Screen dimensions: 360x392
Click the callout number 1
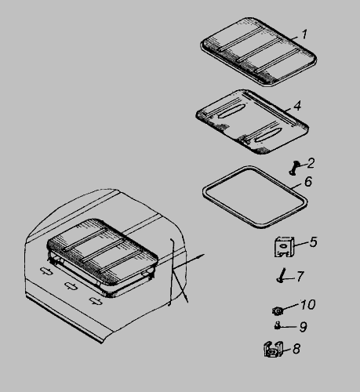point(304,34)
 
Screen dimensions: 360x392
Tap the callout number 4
point(297,106)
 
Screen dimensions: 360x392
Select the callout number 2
point(311,163)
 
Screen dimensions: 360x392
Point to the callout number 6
point(308,181)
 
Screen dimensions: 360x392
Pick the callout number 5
point(314,242)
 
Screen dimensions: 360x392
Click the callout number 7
point(300,276)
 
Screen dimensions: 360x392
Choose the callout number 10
point(308,304)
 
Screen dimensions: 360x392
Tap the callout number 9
point(303,327)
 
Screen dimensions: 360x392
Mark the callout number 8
point(296,349)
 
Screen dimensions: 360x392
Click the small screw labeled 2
point(295,168)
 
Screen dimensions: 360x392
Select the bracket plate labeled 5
point(285,247)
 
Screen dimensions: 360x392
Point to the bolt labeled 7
point(282,275)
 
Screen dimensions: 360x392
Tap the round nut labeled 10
point(278,310)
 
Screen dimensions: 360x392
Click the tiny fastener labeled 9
point(278,325)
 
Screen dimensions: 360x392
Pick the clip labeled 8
point(274,349)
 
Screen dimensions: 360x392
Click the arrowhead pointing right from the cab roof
point(202,256)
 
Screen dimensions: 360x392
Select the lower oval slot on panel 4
point(268,135)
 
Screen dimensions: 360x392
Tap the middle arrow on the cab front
point(71,285)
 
